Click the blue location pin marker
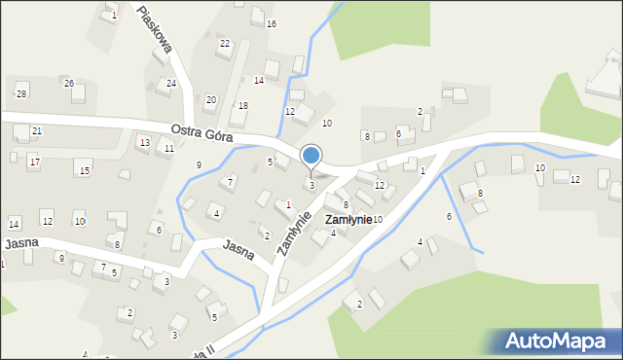311,156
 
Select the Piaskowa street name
156,28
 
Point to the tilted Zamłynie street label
293,234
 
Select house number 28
21,93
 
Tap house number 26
69,84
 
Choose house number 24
171,84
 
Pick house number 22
225,44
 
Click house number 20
210,99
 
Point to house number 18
243,105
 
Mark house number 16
271,23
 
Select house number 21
37,130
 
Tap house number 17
34,161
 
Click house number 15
85,171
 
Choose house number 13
143,143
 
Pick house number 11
169,149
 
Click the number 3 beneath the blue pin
311,185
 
